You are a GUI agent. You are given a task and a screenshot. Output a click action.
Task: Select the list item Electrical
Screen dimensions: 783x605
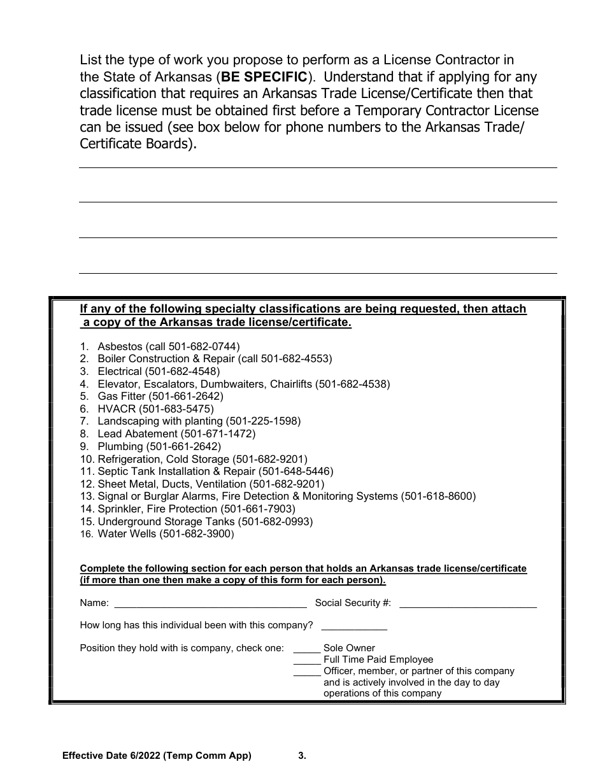coord(119,371)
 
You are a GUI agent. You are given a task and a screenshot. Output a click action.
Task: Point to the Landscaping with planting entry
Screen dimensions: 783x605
coord(160,421)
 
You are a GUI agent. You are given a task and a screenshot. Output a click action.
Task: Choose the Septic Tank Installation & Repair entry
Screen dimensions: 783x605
coord(176,471)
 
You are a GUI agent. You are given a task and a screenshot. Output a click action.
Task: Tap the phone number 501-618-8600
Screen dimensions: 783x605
coord(438,496)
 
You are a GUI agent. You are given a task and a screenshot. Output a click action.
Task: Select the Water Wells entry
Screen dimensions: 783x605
coord(126,533)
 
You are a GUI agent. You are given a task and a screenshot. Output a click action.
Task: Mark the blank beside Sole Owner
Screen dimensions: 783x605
coord(306,649)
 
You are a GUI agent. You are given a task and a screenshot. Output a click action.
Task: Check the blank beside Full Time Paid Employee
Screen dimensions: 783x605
coord(306,660)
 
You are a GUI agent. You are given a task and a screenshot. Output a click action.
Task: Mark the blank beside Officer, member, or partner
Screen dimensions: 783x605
coord(306,672)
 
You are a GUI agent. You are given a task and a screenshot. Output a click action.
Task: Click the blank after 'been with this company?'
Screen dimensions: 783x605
coord(354,626)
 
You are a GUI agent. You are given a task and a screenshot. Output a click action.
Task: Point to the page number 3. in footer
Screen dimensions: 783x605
coord(302,756)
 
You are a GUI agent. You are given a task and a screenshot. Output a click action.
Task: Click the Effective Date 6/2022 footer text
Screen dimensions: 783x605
coord(157,756)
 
